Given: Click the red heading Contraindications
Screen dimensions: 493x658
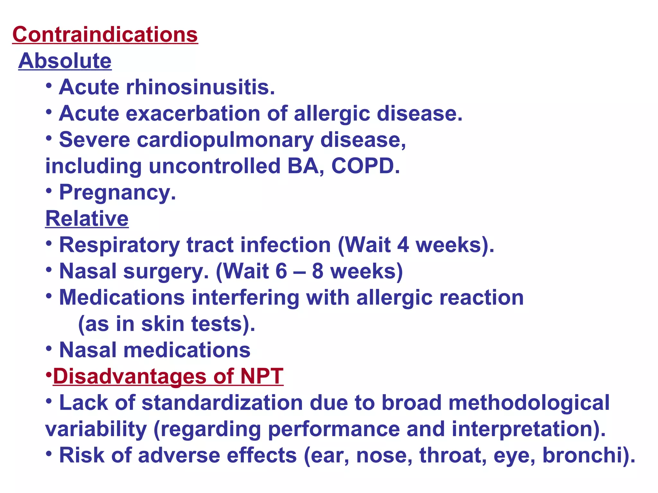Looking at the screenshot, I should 105,34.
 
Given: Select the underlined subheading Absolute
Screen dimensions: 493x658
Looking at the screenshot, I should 65,61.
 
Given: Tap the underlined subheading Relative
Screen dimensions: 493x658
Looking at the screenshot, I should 87,219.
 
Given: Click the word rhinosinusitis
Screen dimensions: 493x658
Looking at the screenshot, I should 200,87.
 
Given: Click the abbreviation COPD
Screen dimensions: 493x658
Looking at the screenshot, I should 365,166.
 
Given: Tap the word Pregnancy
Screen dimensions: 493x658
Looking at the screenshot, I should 117,193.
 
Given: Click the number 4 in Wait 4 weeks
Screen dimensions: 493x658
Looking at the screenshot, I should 403,245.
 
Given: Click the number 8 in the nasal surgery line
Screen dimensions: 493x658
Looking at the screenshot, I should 317,271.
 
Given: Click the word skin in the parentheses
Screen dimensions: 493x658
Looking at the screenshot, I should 163,324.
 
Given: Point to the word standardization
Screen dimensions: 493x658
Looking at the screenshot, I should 222,403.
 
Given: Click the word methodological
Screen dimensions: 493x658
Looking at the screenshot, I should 529,403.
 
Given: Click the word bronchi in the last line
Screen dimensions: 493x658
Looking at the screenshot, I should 585,455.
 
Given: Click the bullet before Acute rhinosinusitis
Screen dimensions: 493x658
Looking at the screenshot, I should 49,86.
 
